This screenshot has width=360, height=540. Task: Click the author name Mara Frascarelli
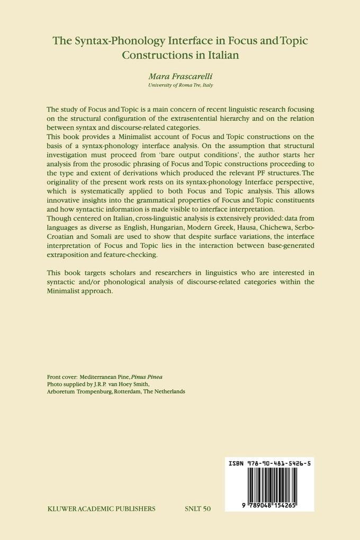point(179,76)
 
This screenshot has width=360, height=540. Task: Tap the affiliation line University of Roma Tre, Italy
point(179,85)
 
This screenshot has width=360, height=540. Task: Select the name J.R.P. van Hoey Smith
point(113,384)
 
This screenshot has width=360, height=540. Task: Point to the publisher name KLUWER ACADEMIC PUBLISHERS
point(101,509)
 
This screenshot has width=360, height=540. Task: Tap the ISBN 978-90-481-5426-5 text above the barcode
point(269,462)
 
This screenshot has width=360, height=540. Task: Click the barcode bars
point(270,484)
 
